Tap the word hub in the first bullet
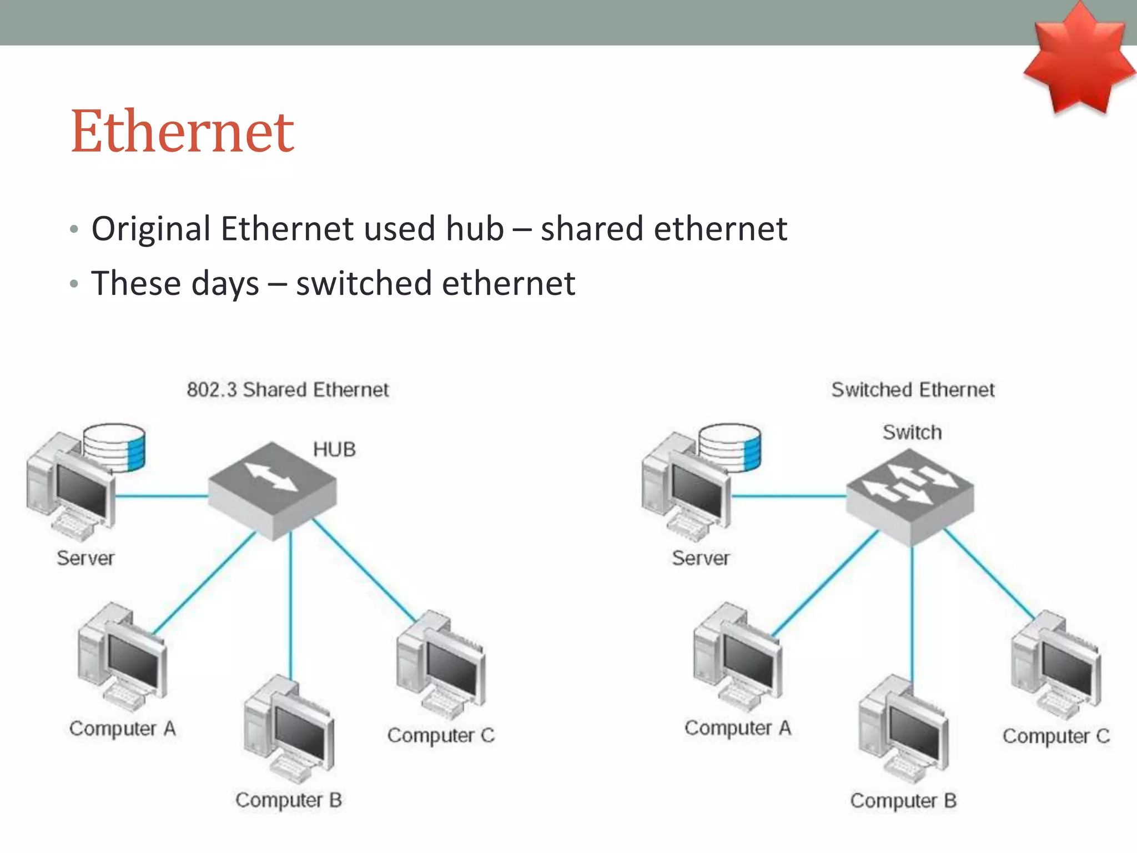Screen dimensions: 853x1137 pyautogui.click(x=475, y=228)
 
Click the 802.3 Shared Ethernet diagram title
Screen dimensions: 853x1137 pyautogui.click(x=288, y=390)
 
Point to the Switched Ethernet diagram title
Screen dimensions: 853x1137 pyautogui.click(x=913, y=390)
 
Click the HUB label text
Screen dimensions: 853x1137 pyautogui.click(x=334, y=449)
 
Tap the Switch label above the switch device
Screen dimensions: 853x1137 pyautogui.click(x=912, y=432)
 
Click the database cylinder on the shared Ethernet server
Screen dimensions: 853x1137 pyautogui.click(x=114, y=447)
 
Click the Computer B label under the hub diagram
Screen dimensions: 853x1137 pyautogui.click(x=288, y=800)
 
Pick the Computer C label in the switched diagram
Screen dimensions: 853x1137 pyautogui.click(x=1055, y=736)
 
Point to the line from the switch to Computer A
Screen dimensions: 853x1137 pyautogui.click(x=826, y=583)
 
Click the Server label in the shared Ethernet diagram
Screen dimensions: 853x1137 pyautogui.click(x=85, y=558)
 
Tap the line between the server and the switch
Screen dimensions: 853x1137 pyautogui.click(x=788, y=496)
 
